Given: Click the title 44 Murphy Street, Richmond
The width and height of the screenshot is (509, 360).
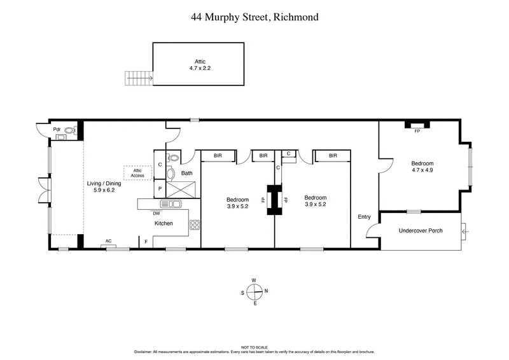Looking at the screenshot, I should (254, 17).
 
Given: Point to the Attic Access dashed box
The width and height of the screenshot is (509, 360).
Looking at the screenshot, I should (137, 172).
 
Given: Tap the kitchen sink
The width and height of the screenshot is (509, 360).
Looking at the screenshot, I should (170, 204).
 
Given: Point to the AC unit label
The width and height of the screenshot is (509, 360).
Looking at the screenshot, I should (108, 241).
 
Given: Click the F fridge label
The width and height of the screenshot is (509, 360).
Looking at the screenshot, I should (146, 242).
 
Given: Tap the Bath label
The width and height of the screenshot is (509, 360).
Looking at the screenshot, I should (186, 173).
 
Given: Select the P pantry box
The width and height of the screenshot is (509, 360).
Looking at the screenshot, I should (160, 190).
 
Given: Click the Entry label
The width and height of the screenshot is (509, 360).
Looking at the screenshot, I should (364, 217).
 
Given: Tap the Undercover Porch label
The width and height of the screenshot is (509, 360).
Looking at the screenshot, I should (420, 231).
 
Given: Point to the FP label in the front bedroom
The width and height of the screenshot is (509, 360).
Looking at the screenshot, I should (417, 132).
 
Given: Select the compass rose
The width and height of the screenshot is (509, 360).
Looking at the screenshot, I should (254, 292).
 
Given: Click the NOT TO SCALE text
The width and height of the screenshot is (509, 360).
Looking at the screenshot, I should (254, 346).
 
